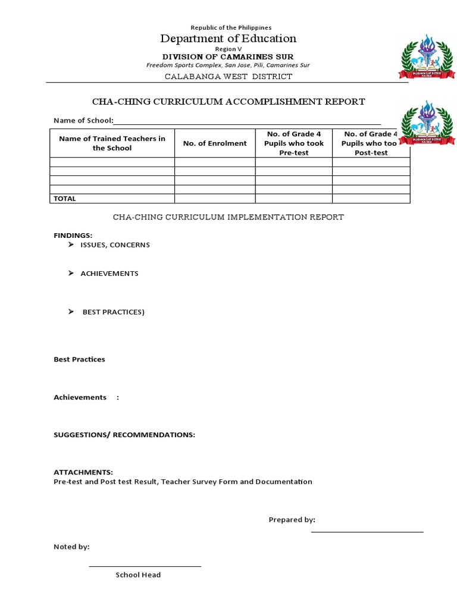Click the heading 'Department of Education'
point(228,39)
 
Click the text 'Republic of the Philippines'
point(230,27)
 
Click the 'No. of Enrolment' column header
point(215,143)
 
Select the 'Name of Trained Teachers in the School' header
point(112,143)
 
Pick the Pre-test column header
point(294,143)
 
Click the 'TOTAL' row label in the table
point(65,199)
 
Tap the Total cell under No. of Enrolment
point(215,199)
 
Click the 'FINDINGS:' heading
point(73,236)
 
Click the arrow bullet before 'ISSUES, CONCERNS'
point(71,244)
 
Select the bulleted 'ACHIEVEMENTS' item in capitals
point(109,274)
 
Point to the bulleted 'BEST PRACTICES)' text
point(113,312)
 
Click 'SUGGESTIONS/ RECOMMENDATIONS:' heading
point(124,435)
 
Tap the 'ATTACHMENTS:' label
point(83,472)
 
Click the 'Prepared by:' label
point(292,520)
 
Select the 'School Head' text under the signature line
point(138,575)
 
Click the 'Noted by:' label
point(71,547)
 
